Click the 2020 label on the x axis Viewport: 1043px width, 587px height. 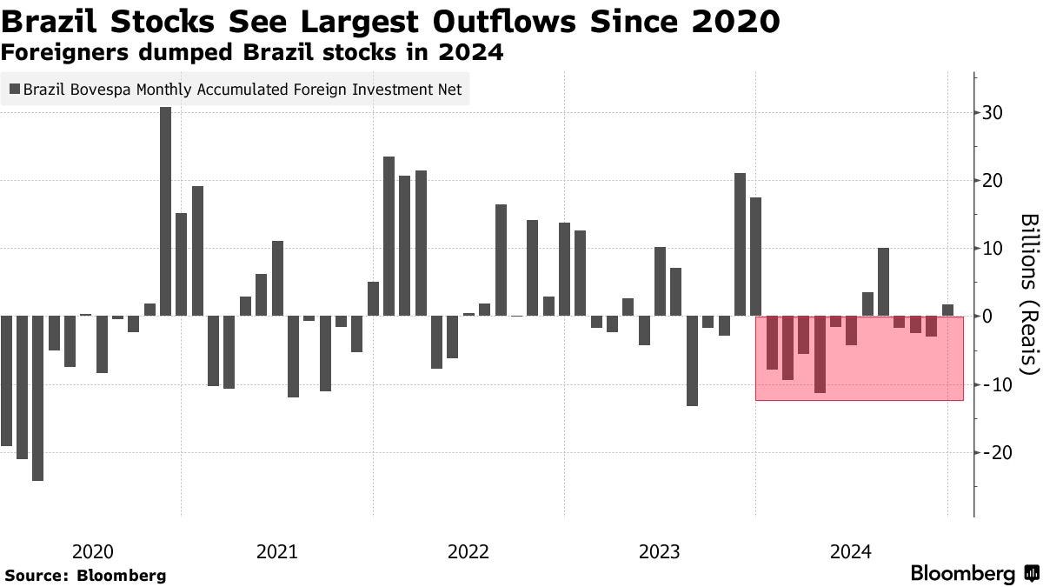[x=93, y=551]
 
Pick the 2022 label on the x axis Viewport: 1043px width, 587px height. [x=468, y=551]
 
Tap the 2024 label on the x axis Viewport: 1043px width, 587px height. [x=851, y=551]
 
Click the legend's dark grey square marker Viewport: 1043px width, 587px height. [x=15, y=90]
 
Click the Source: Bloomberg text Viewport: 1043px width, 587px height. [x=85, y=575]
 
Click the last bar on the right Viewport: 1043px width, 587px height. [x=947, y=310]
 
